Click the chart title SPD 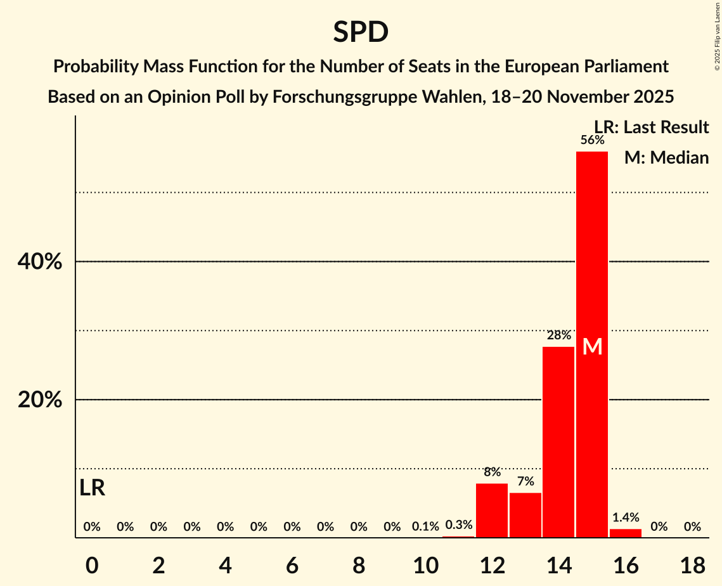tap(361, 32)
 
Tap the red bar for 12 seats tap(492, 511)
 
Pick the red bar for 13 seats tap(525, 515)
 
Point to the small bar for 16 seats tap(625, 533)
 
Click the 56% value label tap(592, 140)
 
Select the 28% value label tap(558, 335)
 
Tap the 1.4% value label tap(625, 518)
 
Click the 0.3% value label tap(458, 525)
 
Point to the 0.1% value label tap(425, 526)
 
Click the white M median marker tap(592, 346)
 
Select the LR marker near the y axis tap(93, 488)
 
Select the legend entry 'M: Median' tap(666, 157)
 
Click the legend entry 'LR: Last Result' tap(652, 127)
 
